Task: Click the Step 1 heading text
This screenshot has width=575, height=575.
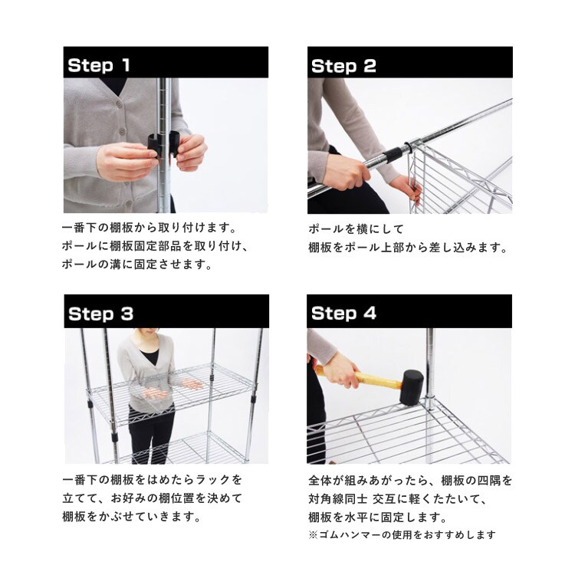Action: tap(99, 65)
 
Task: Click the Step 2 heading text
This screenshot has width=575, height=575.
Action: tap(343, 66)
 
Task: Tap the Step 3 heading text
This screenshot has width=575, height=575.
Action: tap(100, 314)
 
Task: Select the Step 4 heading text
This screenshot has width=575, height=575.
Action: tap(343, 314)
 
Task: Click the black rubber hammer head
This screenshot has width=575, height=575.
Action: tap(411, 388)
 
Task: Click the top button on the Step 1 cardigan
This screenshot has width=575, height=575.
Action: tap(119, 104)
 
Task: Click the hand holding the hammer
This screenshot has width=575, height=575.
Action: tap(340, 370)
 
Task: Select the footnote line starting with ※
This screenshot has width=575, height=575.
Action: tap(402, 534)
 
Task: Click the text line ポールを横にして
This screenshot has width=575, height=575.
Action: tap(356, 229)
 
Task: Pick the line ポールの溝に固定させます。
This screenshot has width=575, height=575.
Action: tap(137, 264)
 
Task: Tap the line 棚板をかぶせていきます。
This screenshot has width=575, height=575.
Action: tap(132, 516)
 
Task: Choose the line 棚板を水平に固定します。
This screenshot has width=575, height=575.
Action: tap(378, 517)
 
